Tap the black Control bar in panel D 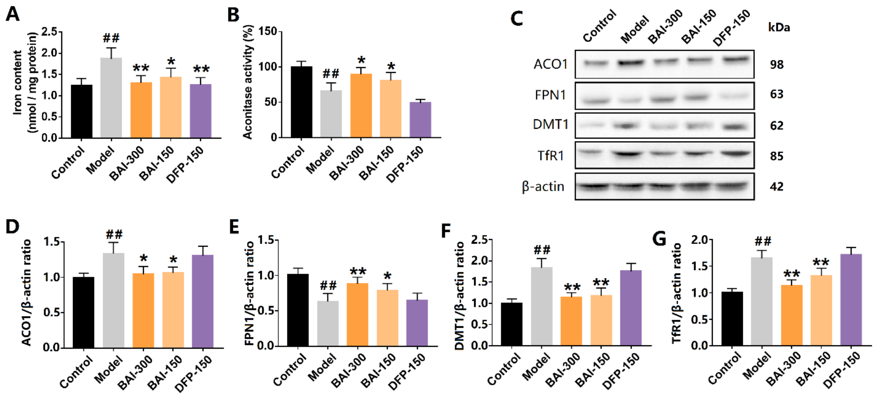(x=84, y=312)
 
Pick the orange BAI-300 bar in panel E (x=357, y=314)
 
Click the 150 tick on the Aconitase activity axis (x=268, y=31)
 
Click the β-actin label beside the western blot (x=543, y=187)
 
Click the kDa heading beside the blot (x=779, y=27)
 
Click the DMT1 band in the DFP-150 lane (x=735, y=127)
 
